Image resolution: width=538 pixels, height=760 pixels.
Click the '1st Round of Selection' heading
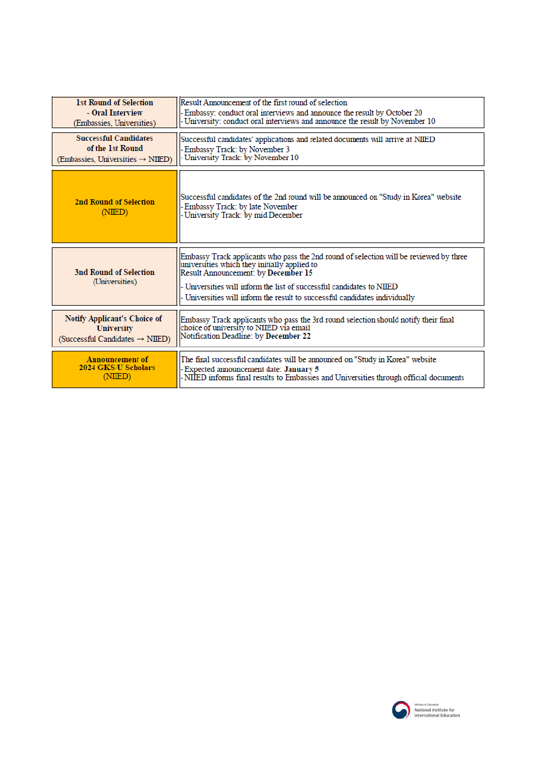114,103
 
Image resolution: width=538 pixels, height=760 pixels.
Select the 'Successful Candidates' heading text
114,138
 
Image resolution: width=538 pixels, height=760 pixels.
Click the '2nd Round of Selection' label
114,202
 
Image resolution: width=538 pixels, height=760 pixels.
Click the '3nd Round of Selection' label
114,273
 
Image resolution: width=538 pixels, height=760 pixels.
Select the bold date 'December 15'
290,273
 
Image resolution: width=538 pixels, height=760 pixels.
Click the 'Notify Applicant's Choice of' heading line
114,319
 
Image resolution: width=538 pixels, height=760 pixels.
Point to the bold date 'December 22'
289,336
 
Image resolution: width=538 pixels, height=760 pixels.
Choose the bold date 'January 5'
301,369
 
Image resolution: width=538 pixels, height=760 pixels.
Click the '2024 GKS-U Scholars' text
117,368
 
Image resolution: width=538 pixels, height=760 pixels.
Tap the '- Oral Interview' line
114,113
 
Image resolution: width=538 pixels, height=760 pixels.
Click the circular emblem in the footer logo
401,710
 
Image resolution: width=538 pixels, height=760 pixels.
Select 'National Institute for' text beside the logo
437,710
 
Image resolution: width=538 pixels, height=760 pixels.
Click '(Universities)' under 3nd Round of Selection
114,282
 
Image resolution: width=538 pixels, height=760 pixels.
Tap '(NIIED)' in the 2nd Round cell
114,212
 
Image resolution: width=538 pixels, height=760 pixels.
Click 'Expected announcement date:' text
233,369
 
